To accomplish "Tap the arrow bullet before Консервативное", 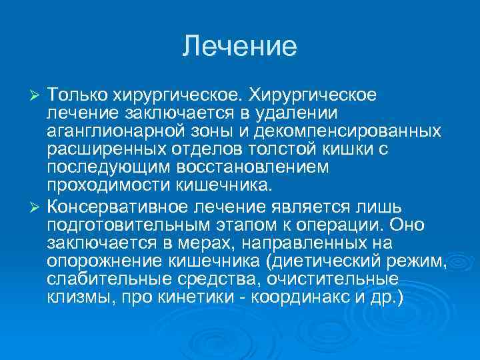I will coord(37,203).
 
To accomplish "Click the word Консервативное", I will coord(117,203).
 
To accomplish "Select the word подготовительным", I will coord(125,221).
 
